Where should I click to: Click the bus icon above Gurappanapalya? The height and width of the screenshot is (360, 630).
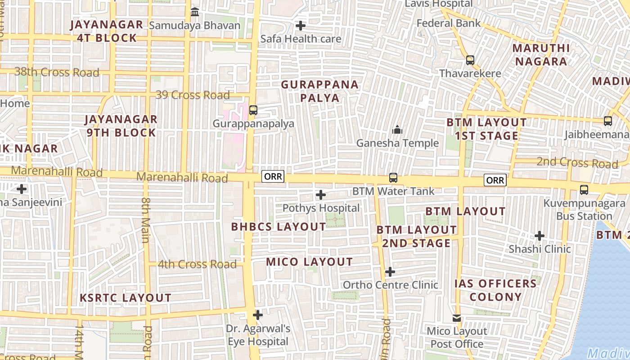pyautogui.click(x=253, y=110)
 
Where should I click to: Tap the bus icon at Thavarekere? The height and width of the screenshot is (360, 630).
pyautogui.click(x=470, y=60)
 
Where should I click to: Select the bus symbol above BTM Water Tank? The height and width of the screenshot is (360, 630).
pyautogui.click(x=393, y=178)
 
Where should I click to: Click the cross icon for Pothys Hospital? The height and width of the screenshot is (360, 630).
pyautogui.click(x=321, y=195)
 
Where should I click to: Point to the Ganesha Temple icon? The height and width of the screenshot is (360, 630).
pyautogui.click(x=397, y=130)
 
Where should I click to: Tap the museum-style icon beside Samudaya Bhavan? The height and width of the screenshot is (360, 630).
pyautogui.click(x=195, y=12)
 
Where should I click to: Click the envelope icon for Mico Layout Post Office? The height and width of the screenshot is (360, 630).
pyautogui.click(x=457, y=318)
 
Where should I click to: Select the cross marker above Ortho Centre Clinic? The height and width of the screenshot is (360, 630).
pyautogui.click(x=390, y=272)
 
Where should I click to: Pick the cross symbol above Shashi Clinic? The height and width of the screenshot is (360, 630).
pyautogui.click(x=540, y=235)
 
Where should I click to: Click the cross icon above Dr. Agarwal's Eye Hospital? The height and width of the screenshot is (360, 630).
pyautogui.click(x=258, y=315)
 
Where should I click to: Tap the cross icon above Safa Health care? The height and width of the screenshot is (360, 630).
pyautogui.click(x=301, y=26)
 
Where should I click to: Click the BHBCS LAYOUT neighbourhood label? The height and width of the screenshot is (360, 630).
pyautogui.click(x=279, y=227)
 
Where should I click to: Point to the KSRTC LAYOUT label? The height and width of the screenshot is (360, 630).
pyautogui.click(x=126, y=298)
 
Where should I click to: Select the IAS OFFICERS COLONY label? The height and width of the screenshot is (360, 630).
pyautogui.click(x=495, y=290)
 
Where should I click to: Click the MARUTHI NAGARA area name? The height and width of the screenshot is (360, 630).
pyautogui.click(x=541, y=55)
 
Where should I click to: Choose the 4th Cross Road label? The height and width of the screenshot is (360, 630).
pyautogui.click(x=197, y=264)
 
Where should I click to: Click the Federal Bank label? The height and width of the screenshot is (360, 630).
pyautogui.click(x=449, y=23)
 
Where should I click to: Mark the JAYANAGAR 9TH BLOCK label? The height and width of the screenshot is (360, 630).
pyautogui.click(x=121, y=126)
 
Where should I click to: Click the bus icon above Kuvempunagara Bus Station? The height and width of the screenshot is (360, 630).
pyautogui.click(x=584, y=190)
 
